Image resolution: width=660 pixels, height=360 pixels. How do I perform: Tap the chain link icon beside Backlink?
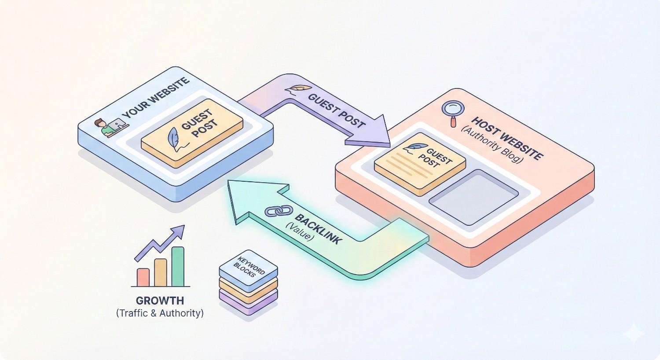276,211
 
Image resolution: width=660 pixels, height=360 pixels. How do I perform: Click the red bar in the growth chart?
143,277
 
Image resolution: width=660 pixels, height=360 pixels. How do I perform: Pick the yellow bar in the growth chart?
161,272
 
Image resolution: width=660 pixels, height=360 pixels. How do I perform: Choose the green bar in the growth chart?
178,266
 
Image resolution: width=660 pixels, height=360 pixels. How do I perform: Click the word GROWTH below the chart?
160,301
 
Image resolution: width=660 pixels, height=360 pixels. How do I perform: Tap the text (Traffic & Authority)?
160,313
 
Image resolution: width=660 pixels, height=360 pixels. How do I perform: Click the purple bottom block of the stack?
249,304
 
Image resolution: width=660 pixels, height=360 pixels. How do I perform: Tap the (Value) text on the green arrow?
300,231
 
